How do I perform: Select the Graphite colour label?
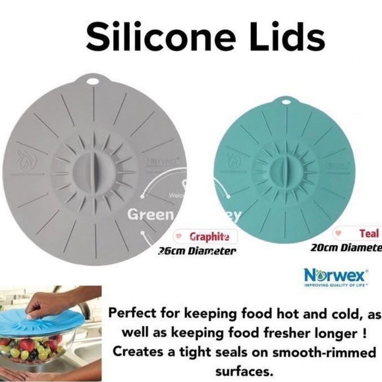(x=209, y=236)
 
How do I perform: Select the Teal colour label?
(x=369, y=233)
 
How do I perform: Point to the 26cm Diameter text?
(x=196, y=251)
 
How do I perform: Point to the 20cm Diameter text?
(x=346, y=248)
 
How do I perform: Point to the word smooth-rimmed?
(x=321, y=349)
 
